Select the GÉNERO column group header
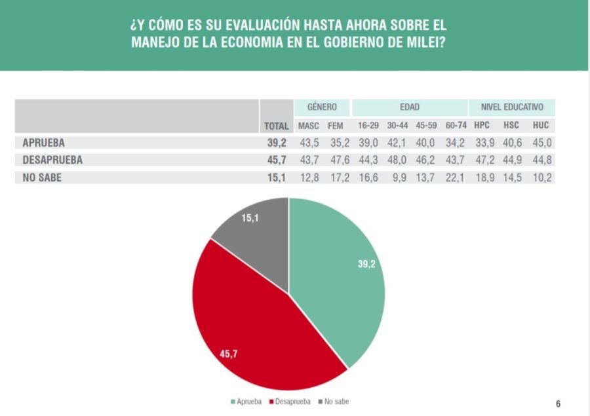pyautogui.click(x=322, y=107)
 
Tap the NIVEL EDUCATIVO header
pyautogui.click(x=512, y=107)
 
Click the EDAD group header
pyautogui.click(x=410, y=107)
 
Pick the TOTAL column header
pyautogui.click(x=276, y=126)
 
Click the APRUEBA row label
pyautogui.click(x=43, y=143)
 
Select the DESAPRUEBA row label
pyautogui.click(x=52, y=160)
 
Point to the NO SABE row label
pyautogui.click(x=42, y=177)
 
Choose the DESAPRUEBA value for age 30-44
pyautogui.click(x=398, y=160)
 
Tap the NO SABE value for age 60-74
pyautogui.click(x=455, y=177)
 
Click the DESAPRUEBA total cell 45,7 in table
pyautogui.click(x=276, y=160)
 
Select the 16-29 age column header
pyautogui.click(x=368, y=126)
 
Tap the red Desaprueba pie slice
pyautogui.click(x=256, y=328)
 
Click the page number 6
pyautogui.click(x=558, y=404)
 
